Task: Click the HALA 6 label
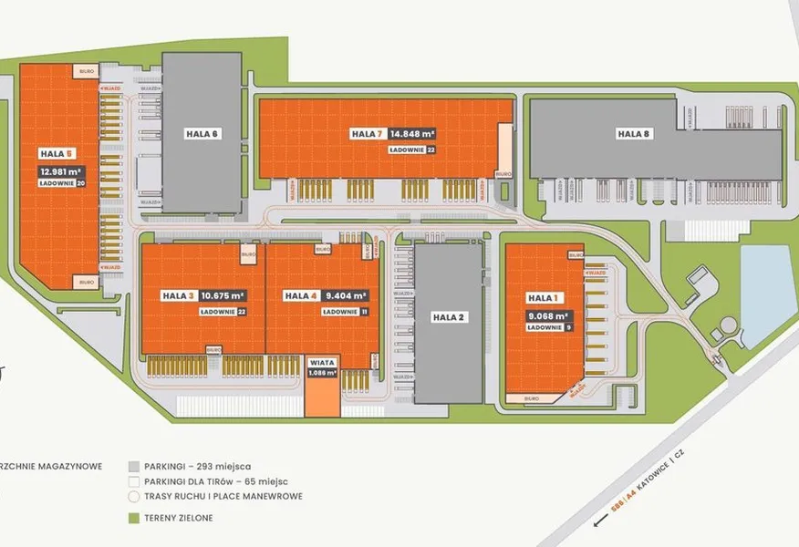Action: [x=202, y=134]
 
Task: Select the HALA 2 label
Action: [x=449, y=317]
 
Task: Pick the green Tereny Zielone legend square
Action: [x=134, y=518]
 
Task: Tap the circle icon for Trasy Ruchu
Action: [x=134, y=497]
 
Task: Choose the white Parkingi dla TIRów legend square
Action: [x=134, y=480]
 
